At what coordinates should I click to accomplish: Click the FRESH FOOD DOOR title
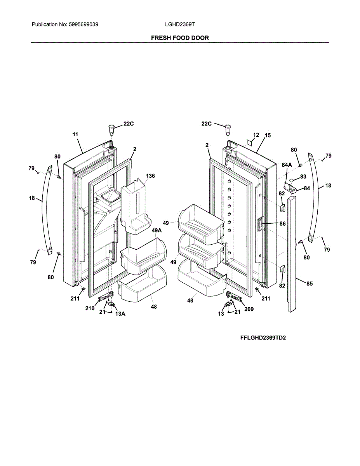[x=180, y=38]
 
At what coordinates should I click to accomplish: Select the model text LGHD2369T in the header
[x=180, y=24]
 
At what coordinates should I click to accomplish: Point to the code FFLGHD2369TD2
[x=263, y=338]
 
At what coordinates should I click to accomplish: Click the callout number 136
[x=150, y=176]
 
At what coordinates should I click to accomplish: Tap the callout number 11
[x=75, y=134]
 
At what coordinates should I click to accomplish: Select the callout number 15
[x=268, y=136]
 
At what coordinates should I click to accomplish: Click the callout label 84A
[x=287, y=165]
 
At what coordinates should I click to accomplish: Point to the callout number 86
[x=282, y=224]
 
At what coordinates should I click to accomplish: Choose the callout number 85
[x=309, y=284]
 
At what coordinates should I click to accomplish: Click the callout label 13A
[x=120, y=315]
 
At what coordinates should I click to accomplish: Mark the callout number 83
[x=303, y=177]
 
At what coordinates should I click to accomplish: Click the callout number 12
[x=256, y=135]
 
